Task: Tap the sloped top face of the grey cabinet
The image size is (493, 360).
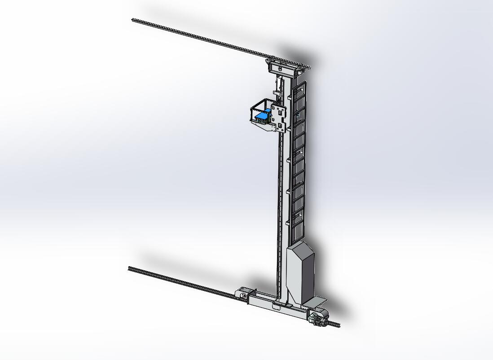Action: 298,250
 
